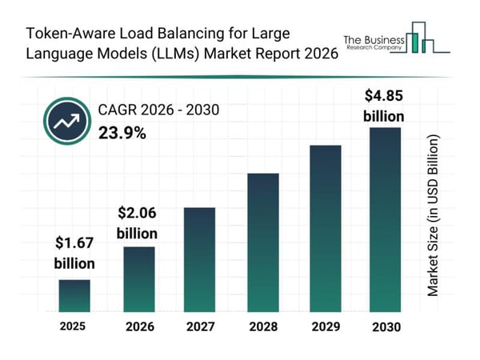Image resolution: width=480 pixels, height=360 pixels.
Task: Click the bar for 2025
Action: pyautogui.click(x=74, y=295)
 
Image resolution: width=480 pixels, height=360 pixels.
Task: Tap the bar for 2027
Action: pyautogui.click(x=200, y=259)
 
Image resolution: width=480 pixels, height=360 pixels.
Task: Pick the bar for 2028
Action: pyautogui.click(x=262, y=242)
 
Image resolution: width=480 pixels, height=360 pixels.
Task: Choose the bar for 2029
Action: pyautogui.click(x=326, y=228)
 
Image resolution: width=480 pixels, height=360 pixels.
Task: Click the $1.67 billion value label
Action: pyautogui.click(x=74, y=253)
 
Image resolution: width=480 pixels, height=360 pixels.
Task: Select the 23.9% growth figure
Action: pyautogui.click(x=122, y=133)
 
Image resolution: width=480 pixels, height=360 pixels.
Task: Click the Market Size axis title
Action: pyautogui.click(x=433, y=216)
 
